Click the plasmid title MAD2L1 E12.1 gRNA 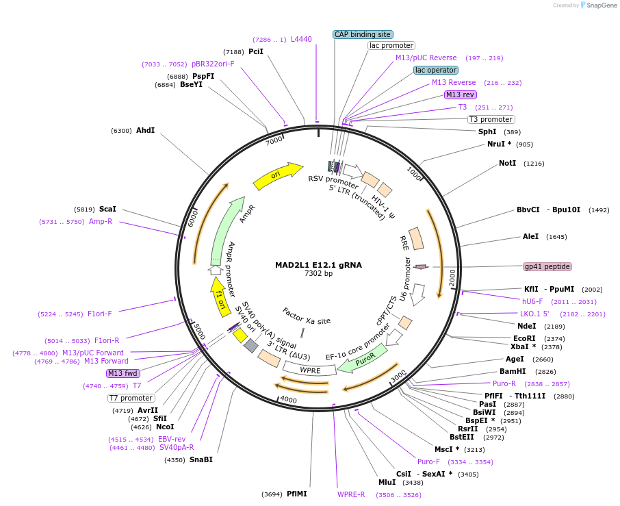pyautogui.click(x=318, y=264)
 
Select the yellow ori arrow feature pyautogui.click(x=276, y=176)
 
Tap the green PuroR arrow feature pyautogui.click(x=363, y=358)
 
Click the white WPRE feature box pyautogui.click(x=310, y=370)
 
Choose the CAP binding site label pyautogui.click(x=363, y=34)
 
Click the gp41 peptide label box pyautogui.click(x=547, y=266)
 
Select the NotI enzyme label pyautogui.click(x=507, y=164)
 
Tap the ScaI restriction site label pyautogui.click(x=107, y=209)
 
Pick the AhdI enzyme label pyautogui.click(x=145, y=130)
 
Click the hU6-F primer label pyautogui.click(x=532, y=301)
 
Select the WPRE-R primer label pyautogui.click(x=351, y=494)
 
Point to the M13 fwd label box pyautogui.click(x=123, y=373)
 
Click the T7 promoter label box pyautogui.click(x=131, y=398)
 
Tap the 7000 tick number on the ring pyautogui.click(x=274, y=140)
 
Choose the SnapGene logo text pyautogui.click(x=600, y=5)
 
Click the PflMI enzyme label pyautogui.click(x=297, y=494)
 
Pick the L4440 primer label pyautogui.click(x=301, y=40)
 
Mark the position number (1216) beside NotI pyautogui.click(x=534, y=164)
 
